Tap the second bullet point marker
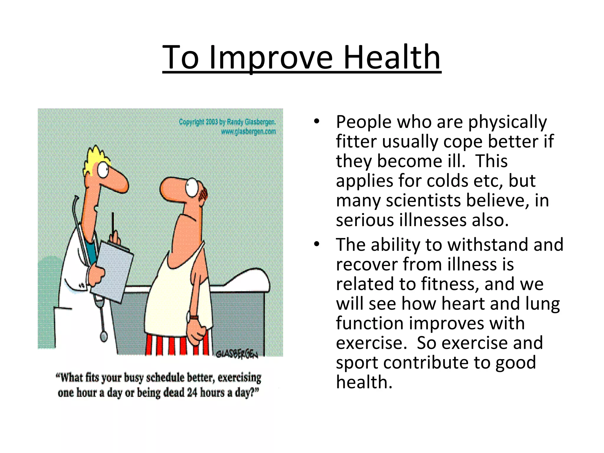(317, 244)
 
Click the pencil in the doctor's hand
(112, 224)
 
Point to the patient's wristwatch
(194, 317)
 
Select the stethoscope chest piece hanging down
(104, 336)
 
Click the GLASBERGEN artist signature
(237, 354)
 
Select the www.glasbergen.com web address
(248, 132)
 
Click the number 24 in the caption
(192, 393)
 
